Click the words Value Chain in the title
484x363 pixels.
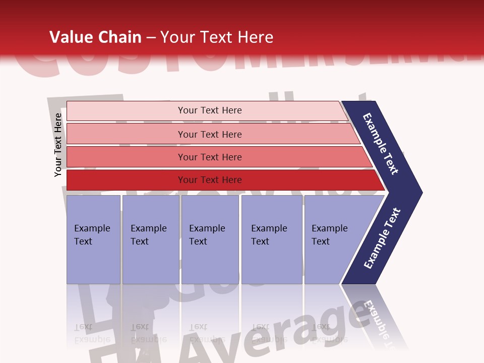point(95,37)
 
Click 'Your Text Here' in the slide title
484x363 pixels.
point(217,37)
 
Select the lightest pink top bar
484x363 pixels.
point(126,111)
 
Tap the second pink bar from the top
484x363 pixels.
point(126,134)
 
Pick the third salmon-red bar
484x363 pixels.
point(126,157)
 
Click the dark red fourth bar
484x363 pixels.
point(126,180)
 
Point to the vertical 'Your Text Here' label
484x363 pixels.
point(58,145)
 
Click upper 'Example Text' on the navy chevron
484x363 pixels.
point(381,144)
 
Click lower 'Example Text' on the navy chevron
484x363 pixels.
point(382,238)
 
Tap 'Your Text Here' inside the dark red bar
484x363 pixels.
point(210,180)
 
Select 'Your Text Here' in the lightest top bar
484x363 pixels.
point(210,110)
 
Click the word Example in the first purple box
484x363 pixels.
point(92,228)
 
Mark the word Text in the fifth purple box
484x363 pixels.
point(321,241)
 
